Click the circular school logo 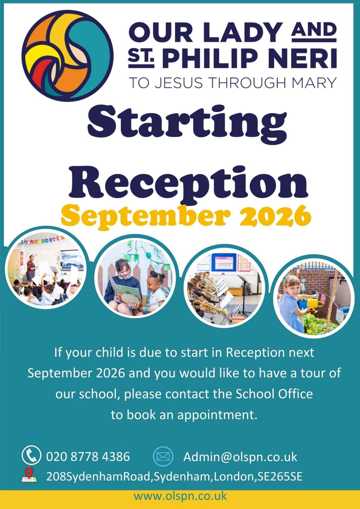pyautogui.click(x=67, y=56)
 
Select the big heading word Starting pyautogui.click(x=187, y=124)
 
